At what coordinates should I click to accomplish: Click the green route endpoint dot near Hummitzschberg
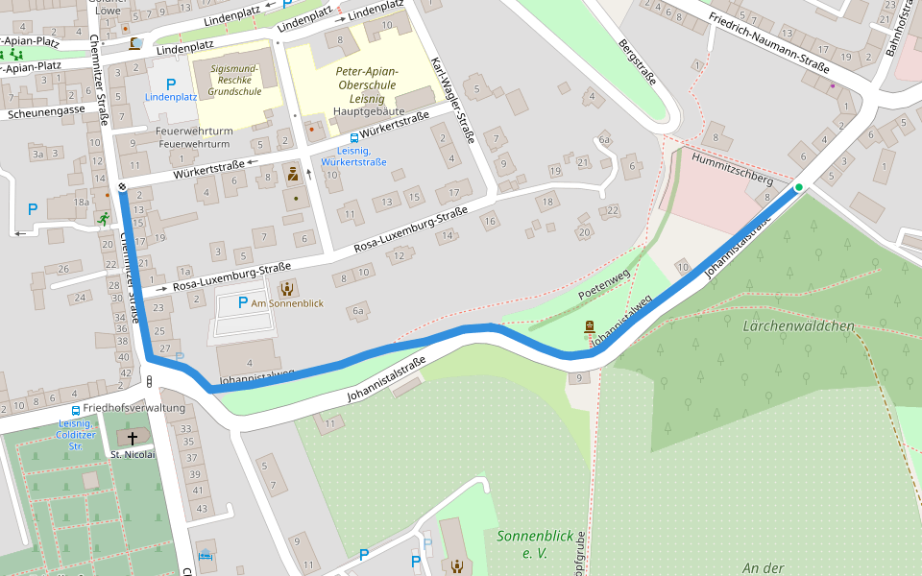tap(798, 187)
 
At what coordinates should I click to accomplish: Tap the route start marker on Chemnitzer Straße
tap(122, 186)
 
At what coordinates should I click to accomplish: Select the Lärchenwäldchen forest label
tap(798, 326)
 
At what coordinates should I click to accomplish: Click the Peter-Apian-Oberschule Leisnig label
tap(367, 85)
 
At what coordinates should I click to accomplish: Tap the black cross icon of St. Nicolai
tap(132, 438)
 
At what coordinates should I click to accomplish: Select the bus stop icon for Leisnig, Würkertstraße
tap(353, 138)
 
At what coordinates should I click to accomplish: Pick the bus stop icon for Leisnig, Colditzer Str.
tap(75, 410)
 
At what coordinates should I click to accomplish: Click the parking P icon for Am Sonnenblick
tap(243, 303)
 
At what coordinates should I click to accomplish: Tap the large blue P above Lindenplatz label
tap(171, 84)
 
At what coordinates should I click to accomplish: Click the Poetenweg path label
tap(605, 281)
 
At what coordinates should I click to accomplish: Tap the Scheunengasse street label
tap(46, 113)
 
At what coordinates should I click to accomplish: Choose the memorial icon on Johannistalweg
tap(589, 328)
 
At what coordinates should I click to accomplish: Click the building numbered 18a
tap(82, 203)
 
